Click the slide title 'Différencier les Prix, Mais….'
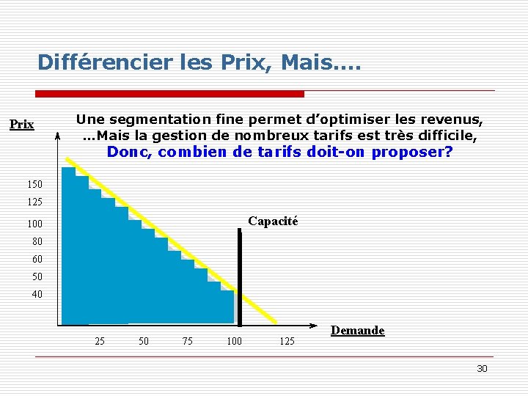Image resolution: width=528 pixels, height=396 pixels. tap(199, 62)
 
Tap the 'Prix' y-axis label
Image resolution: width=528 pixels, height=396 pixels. tap(21, 125)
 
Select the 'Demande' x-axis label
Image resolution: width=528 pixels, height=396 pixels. tap(357, 331)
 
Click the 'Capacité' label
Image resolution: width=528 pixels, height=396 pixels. tap(273, 221)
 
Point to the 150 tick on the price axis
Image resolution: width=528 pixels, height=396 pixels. tap(36, 184)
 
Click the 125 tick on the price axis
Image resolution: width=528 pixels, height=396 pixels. tap(36, 202)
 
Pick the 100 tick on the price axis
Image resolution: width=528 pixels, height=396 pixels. tap(36, 224)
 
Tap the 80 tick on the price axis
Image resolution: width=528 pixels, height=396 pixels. tap(37, 241)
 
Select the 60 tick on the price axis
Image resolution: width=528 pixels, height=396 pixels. tap(37, 259)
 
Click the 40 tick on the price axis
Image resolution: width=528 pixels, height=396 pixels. tap(37, 294)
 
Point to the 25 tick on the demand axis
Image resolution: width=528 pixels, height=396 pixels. tap(100, 341)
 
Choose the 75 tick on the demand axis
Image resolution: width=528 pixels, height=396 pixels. tap(188, 341)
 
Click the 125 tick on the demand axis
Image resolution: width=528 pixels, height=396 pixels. tap(287, 341)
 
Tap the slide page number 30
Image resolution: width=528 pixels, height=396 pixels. tap(482, 368)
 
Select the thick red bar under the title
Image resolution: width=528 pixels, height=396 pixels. tap(170, 94)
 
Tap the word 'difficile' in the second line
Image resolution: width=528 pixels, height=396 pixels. tap(449, 136)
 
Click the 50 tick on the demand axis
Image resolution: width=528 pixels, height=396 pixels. tap(144, 341)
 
